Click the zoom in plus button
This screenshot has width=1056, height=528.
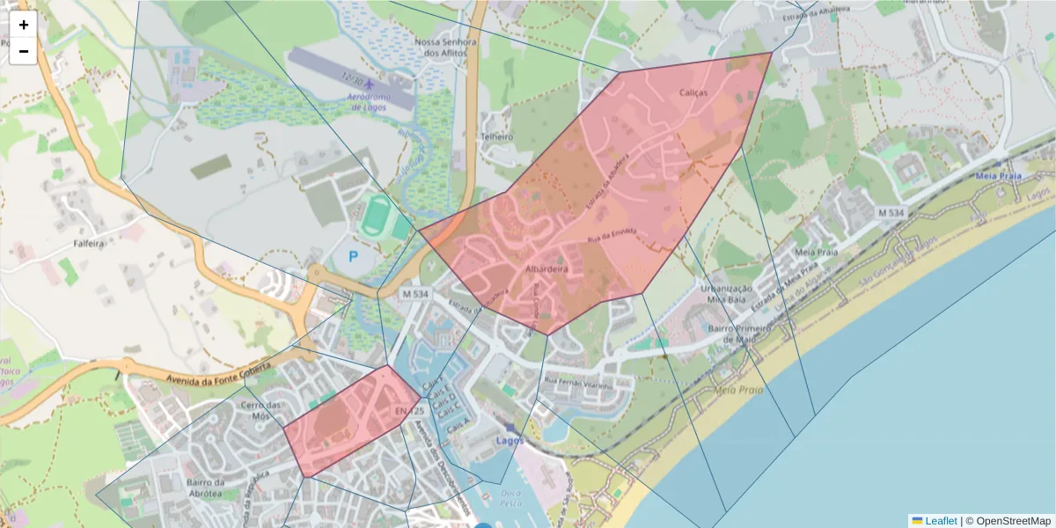[24, 25]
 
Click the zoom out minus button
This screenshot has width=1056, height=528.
[24, 51]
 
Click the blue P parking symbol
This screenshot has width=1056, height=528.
[354, 257]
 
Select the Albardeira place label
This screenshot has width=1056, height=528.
[546, 268]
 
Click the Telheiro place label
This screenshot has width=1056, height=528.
[496, 137]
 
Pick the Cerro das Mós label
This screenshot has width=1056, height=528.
[260, 411]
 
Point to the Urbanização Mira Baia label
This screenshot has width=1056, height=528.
[727, 294]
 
